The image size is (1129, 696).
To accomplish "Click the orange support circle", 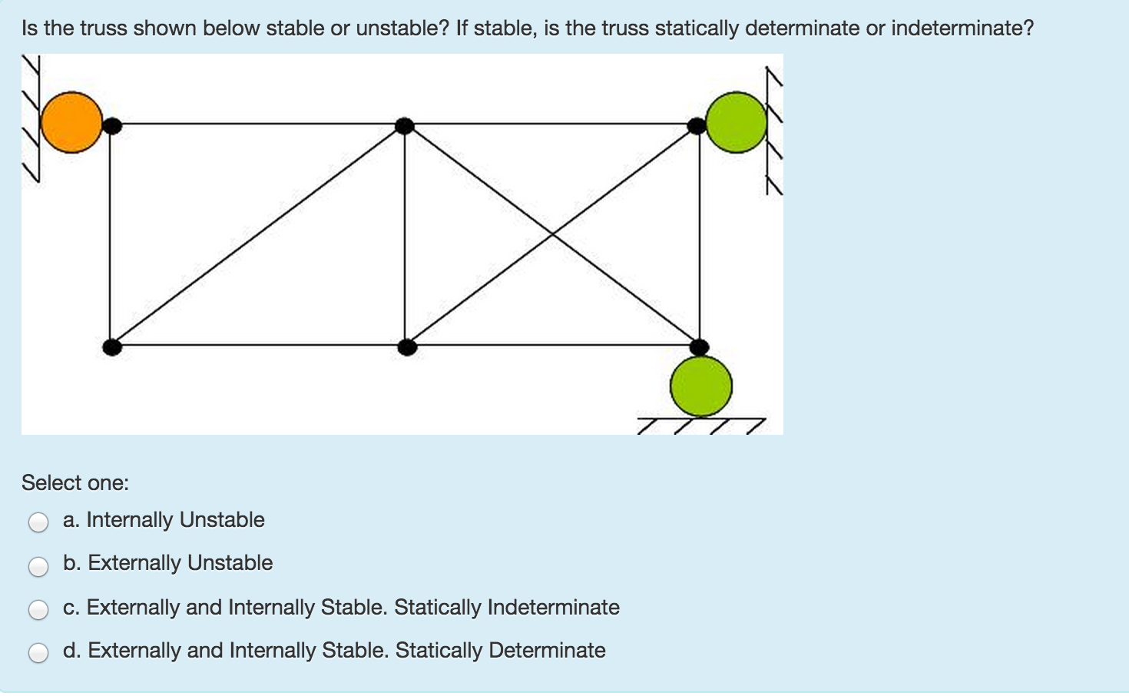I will (x=71, y=122).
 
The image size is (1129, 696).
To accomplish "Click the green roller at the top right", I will (x=736, y=122).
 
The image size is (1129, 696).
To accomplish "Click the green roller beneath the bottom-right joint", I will (x=701, y=386).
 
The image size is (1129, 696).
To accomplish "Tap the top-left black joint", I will (x=112, y=125).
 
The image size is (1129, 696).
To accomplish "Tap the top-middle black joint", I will (x=405, y=125).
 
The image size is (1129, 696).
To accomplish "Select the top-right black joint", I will (x=697, y=125).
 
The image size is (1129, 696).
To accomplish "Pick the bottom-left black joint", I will (x=112, y=347).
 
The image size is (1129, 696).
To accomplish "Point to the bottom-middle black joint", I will (x=407, y=347).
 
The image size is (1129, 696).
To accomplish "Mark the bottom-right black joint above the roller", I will (x=699, y=347).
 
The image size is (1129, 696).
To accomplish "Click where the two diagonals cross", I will (x=551, y=234).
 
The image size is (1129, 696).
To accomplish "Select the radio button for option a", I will (x=38, y=522).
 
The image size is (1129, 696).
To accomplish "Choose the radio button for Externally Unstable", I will (x=38, y=566).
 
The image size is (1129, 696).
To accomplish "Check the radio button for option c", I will (x=38, y=610).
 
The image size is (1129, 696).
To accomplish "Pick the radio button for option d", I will (x=38, y=653).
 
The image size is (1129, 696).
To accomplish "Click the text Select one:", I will (x=75, y=483).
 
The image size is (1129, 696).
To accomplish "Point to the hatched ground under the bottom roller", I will (x=701, y=426).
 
